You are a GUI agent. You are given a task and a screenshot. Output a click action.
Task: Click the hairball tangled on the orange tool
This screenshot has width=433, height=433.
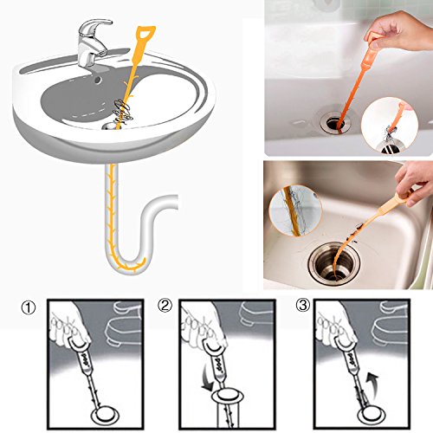pos(124,111)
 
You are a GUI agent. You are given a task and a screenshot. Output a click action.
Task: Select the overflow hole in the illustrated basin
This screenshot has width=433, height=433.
pos(98,79)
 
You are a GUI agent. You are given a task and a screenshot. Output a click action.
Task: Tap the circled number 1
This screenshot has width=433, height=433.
pos(29,307)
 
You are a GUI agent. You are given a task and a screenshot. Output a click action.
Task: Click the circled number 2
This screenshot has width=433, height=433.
pos(165,306)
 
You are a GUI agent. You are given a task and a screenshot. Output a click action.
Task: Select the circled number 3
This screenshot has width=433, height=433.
pos(303,305)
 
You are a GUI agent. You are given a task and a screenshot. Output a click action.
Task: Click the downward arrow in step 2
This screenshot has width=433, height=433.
pos(208,378)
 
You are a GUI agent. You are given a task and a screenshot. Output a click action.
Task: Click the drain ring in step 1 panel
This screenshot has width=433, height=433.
pos(105,416)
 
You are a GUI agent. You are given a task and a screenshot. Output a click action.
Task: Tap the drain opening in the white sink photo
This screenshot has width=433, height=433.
pos(335,124)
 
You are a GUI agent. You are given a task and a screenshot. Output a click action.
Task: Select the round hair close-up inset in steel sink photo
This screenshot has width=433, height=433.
pos(295,210)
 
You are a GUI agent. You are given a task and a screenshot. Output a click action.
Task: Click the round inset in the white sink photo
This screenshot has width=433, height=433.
pos(390,126)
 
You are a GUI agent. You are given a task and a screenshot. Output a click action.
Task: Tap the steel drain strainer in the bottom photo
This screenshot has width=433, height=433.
pos(333,264)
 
